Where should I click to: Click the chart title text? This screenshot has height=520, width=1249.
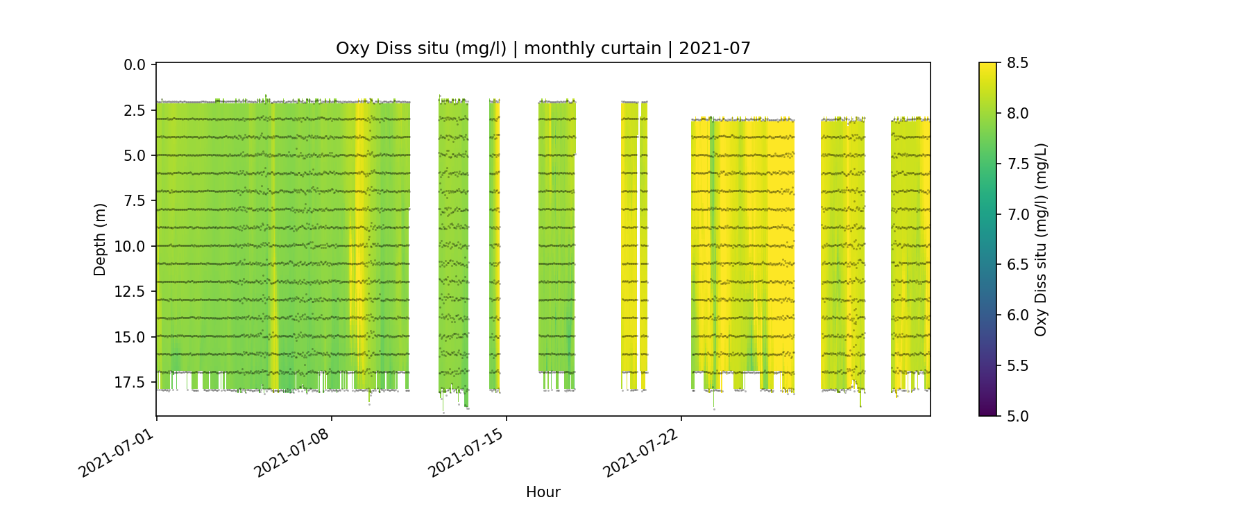point(543,49)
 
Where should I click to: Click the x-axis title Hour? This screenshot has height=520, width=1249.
point(543,492)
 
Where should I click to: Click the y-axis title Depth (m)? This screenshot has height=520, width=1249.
point(100,240)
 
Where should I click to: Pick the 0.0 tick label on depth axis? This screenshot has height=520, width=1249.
point(135,65)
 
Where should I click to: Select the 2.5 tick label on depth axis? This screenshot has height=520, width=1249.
point(135,110)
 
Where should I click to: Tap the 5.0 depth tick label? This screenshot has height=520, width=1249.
point(135,156)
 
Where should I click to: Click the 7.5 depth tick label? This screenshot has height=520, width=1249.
point(135,201)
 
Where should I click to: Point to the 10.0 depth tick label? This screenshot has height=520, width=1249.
point(131,247)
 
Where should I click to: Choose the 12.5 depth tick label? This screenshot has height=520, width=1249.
point(131,292)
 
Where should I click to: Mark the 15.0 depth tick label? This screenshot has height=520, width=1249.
point(131,338)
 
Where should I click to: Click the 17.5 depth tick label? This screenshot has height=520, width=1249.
point(131,383)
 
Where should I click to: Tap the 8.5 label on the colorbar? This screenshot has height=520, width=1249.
point(1017,63)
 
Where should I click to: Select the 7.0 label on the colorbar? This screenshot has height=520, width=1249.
point(1017,214)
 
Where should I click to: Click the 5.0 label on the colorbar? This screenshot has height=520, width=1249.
point(1017,416)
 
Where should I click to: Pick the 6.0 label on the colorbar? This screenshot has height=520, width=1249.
point(1017,315)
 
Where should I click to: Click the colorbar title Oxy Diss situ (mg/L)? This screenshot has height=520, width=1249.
point(1040,240)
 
